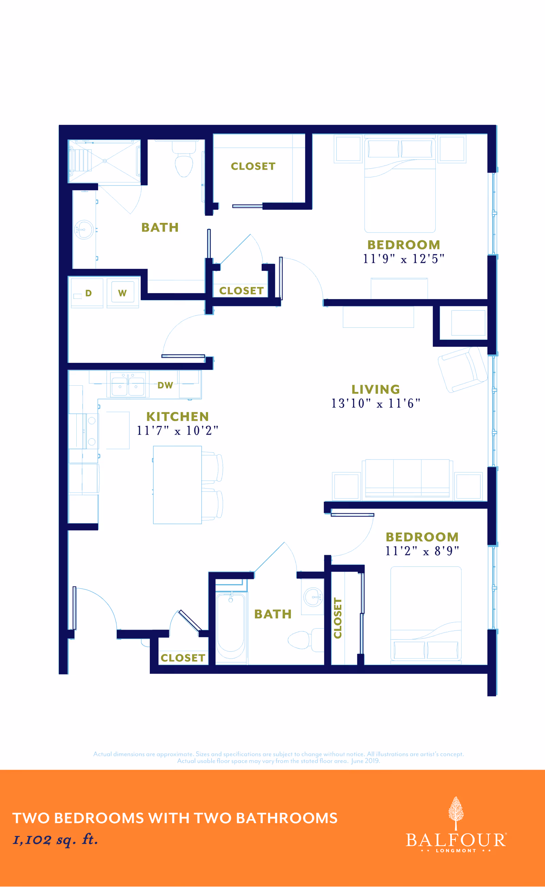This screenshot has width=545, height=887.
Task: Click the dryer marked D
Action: tap(87, 293)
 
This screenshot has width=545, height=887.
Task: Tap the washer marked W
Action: tap(123, 293)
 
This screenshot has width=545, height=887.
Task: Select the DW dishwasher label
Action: tap(165, 385)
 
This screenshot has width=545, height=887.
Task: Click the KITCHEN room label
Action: tap(177, 417)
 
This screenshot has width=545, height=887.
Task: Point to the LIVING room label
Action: tap(376, 389)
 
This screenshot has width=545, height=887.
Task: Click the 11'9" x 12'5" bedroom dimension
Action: tap(403, 259)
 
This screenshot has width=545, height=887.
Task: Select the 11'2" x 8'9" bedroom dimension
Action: tap(422, 551)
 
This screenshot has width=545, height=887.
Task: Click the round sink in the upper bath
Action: tap(84, 229)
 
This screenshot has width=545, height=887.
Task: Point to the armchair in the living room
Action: tap(462, 370)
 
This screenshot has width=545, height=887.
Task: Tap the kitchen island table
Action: tap(177, 485)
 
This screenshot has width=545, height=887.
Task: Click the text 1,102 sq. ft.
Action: tap(55, 839)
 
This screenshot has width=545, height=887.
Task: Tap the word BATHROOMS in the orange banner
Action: tap(287, 818)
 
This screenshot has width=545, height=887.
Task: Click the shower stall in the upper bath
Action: tap(105, 161)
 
